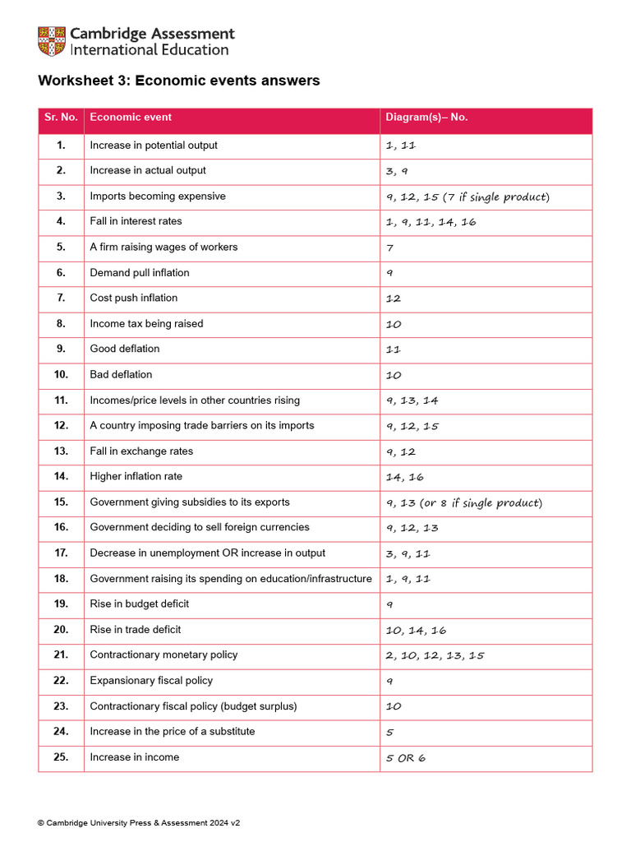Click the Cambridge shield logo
[52, 41]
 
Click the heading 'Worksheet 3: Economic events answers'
[178, 81]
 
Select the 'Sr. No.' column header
[61, 118]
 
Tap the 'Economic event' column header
[131, 118]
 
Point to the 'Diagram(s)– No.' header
[426, 118]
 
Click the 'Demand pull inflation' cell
[140, 273]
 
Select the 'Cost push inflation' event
[134, 298]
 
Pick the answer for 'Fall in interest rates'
[431, 222]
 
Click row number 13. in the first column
[61, 451]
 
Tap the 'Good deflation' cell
[125, 349]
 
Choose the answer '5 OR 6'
[406, 758]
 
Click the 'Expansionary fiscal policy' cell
[151, 681]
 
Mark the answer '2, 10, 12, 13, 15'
[435, 656]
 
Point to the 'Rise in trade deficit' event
[136, 630]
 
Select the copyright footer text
[139, 822]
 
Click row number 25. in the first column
[61, 757]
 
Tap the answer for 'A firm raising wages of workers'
[389, 248]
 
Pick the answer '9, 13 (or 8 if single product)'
[464, 503]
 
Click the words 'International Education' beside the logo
[150, 50]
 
